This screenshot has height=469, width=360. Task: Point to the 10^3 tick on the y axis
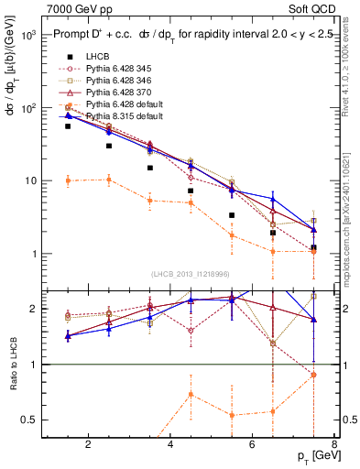pyautogui.click(x=28, y=35)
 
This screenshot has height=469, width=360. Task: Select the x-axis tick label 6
pyautogui.click(x=254, y=445)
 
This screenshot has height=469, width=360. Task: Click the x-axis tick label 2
pyautogui.click(x=88, y=445)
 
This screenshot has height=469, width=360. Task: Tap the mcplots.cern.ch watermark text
pyautogui.click(x=352, y=211)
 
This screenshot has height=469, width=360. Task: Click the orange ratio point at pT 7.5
pyautogui.click(x=314, y=375)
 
